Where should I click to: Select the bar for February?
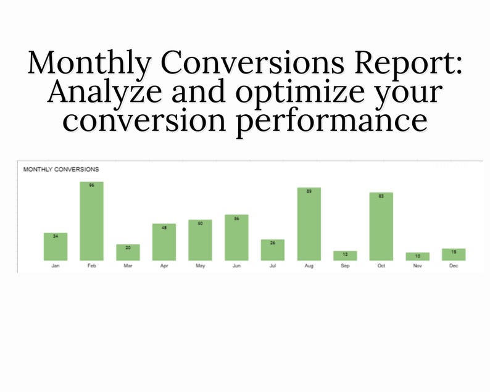91,221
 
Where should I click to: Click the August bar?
309,223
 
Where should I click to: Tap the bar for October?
381,226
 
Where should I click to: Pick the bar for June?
236,238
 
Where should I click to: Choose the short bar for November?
418,256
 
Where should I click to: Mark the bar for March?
128,252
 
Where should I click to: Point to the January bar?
56,246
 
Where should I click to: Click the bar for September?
345,256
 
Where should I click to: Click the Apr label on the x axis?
164,265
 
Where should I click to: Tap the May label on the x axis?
200,265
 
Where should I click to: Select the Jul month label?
273,265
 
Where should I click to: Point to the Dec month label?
454,265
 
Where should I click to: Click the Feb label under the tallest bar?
91,265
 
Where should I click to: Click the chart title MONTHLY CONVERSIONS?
60,169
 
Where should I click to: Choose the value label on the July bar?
273,243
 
